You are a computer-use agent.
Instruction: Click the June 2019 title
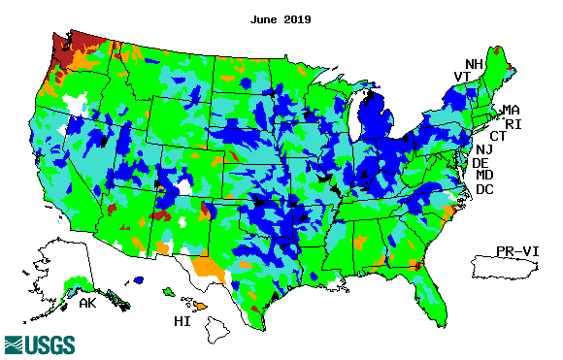281,18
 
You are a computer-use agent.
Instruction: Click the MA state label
511,110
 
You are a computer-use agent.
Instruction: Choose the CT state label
498,137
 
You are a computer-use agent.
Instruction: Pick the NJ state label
484,150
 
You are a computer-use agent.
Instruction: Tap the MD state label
484,176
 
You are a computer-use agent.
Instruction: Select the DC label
484,189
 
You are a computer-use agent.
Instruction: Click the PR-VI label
514,251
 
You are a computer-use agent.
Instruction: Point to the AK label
88,304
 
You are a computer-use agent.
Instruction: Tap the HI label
182,321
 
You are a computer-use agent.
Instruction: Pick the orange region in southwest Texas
207,267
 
